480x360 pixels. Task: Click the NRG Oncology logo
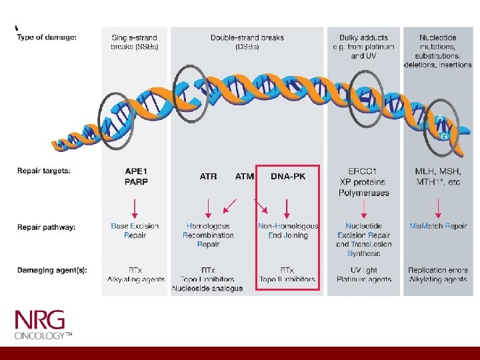coord(43,324)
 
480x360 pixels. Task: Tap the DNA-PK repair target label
coord(288,177)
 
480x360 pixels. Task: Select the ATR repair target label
coord(208,177)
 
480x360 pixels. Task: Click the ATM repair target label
coord(245,177)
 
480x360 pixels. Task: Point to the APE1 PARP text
coord(136,176)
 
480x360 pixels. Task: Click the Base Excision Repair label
coord(135,231)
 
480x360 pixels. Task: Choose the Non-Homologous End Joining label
coord(288,231)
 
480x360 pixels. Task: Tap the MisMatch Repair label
coord(438,226)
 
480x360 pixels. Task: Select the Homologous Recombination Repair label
coord(208,235)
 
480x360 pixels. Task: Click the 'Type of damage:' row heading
coord(47,37)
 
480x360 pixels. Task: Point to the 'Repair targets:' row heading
coord(44,171)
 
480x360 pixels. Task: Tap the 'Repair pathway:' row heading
coord(47,227)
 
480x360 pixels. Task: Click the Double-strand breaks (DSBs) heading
coord(247,42)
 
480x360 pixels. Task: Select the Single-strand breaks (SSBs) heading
coord(135,42)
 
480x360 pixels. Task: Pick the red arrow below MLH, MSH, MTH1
coord(438,208)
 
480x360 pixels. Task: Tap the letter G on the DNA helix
coord(444,135)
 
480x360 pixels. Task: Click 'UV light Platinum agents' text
coord(363,275)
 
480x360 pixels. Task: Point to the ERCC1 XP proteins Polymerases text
coord(363,181)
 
